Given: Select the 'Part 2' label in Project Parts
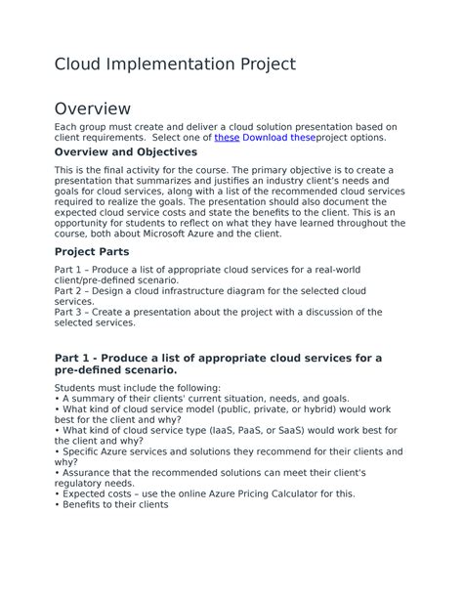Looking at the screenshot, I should tap(70, 291).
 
